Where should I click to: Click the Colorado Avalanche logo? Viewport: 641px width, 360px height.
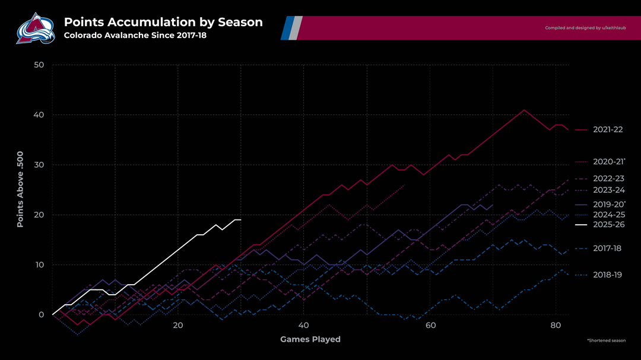[35, 28]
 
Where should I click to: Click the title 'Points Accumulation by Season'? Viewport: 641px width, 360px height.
[163, 23]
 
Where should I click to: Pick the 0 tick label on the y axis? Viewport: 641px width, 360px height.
[41, 315]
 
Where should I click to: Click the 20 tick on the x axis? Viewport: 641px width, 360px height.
[178, 326]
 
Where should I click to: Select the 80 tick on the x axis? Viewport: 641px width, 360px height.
[556, 326]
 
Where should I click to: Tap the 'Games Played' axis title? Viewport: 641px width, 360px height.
[310, 339]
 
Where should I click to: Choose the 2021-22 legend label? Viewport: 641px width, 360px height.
[607, 129]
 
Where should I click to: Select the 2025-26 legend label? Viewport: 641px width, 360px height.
[607, 225]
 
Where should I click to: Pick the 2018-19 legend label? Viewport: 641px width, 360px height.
[607, 275]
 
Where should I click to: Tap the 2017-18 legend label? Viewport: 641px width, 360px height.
[607, 249]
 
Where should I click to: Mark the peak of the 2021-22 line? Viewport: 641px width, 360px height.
[524, 110]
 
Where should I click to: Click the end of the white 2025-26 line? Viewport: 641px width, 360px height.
[240, 220]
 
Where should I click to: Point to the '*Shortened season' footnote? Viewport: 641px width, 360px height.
[605, 341]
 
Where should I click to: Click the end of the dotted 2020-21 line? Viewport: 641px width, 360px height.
[404, 185]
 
